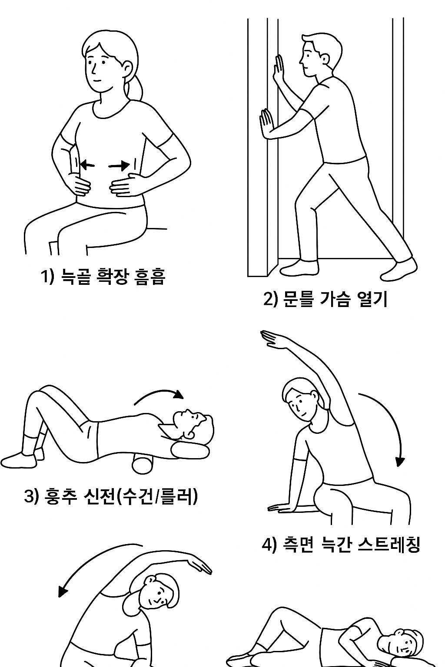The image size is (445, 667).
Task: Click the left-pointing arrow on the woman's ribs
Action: pyautogui.click(x=87, y=165)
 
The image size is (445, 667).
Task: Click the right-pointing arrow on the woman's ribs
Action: pyautogui.click(x=119, y=165)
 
